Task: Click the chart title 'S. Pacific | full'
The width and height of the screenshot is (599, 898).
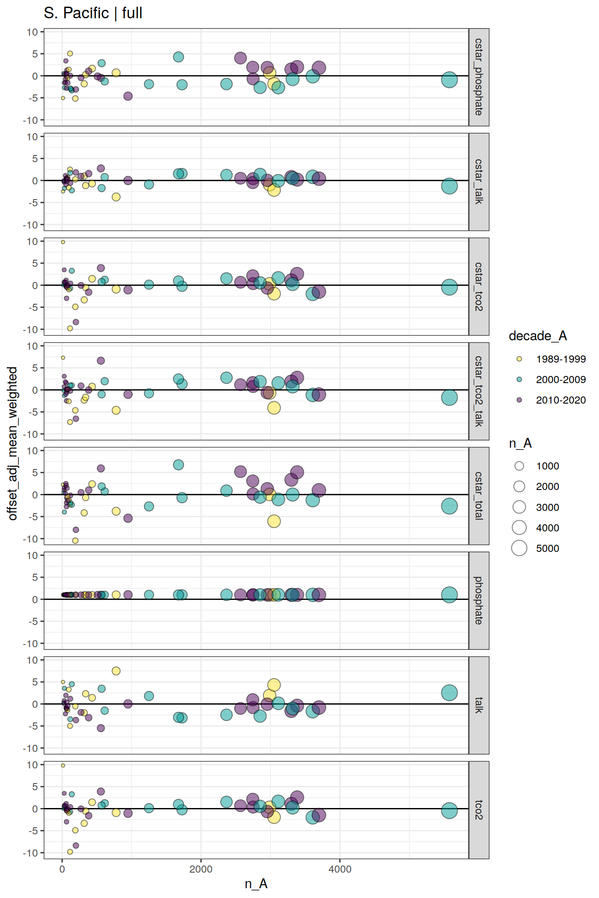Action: pyautogui.click(x=93, y=13)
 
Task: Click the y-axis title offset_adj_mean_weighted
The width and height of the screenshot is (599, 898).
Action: pyautogui.click(x=12, y=443)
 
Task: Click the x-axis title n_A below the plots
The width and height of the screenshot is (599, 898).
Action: pyautogui.click(x=256, y=884)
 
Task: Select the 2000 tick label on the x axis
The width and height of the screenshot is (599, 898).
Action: pyautogui.click(x=201, y=869)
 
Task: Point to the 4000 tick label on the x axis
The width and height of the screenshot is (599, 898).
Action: pyautogui.click(x=340, y=869)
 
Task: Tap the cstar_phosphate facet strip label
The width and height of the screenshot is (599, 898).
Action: pyautogui.click(x=479, y=77)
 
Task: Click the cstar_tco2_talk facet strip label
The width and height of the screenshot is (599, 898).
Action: pyautogui.click(x=479, y=391)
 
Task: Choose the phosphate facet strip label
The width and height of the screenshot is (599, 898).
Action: pyautogui.click(x=479, y=600)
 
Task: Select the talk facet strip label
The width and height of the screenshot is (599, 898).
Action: pyautogui.click(x=479, y=705)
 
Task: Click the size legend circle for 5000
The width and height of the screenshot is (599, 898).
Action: pyautogui.click(x=519, y=548)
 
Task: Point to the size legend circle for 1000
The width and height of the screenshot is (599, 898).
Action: pyautogui.click(x=519, y=466)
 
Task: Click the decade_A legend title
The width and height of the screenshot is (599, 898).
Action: pyautogui.click(x=537, y=336)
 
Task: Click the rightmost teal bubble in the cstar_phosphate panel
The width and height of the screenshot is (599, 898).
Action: pyautogui.click(x=449, y=80)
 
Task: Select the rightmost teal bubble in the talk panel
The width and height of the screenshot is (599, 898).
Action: pyautogui.click(x=449, y=693)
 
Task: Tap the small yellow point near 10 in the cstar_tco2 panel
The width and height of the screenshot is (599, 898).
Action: pyautogui.click(x=63, y=242)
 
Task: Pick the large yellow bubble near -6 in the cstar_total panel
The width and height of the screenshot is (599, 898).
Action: pyautogui.click(x=274, y=521)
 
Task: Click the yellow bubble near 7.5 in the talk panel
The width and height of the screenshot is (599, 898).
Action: pyautogui.click(x=116, y=671)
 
